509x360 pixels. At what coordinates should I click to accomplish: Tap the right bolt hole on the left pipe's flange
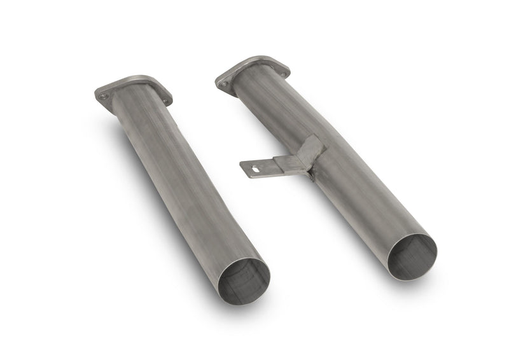166,100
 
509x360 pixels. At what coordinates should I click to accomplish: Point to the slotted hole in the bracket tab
254,167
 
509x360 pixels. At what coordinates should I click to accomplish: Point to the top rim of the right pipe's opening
414,235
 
